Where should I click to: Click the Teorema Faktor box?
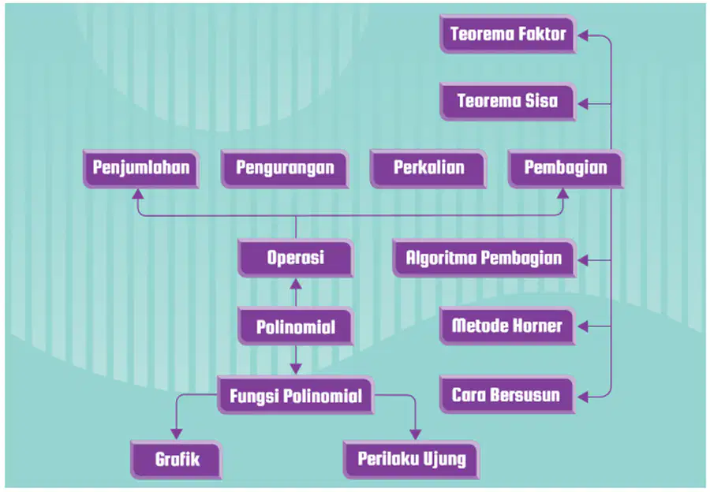click(507, 34)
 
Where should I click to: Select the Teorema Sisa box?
click(507, 102)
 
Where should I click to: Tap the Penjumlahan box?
click(141, 169)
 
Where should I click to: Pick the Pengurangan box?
click(285, 169)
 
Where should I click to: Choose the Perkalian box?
click(428, 169)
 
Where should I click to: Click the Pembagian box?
click(566, 169)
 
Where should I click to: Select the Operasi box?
click(295, 258)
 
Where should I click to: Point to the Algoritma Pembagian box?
click(484, 258)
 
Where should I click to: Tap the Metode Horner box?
click(507, 326)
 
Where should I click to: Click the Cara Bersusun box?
click(507, 395)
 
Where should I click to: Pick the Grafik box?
click(176, 460)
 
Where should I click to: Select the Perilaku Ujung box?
click(411, 460)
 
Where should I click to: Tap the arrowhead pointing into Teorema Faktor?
click(583, 35)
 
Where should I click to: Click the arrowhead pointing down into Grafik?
click(176, 433)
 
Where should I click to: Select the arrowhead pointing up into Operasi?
click(296, 284)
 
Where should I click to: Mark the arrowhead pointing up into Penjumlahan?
click(137, 194)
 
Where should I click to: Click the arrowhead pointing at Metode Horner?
click(583, 326)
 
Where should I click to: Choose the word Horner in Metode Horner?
click(536, 326)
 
